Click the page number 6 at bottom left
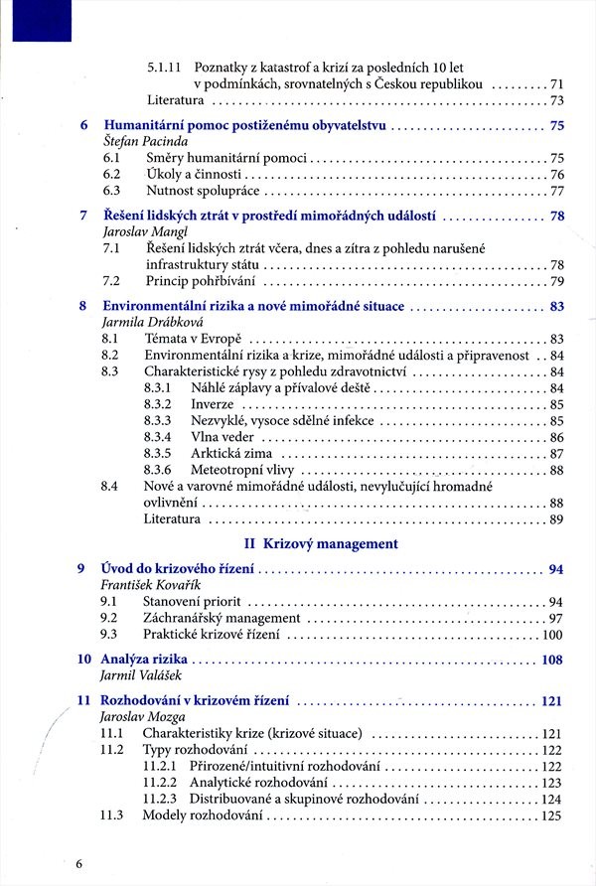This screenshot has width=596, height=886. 78,864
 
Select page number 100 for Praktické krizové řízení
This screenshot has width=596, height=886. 551,635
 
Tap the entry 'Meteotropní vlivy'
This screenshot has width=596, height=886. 243,470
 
